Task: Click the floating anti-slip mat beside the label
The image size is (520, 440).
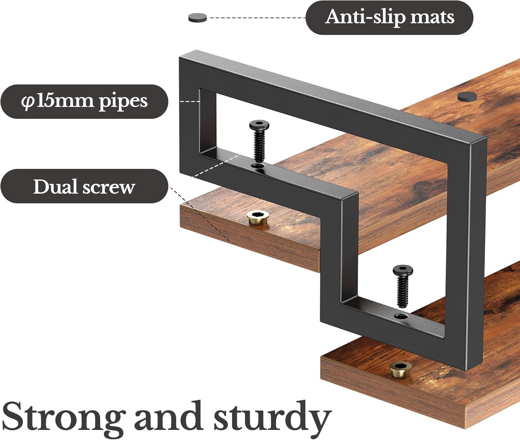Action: click(x=197, y=17)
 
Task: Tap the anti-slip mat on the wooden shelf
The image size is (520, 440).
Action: click(x=467, y=96)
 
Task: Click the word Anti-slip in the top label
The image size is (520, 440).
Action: click(x=364, y=17)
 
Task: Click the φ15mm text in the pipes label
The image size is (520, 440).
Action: click(x=58, y=101)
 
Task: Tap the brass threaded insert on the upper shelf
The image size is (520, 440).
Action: click(x=257, y=218)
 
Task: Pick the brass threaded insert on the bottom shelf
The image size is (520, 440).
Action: click(x=401, y=370)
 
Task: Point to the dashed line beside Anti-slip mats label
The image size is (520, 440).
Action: click(x=257, y=17)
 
